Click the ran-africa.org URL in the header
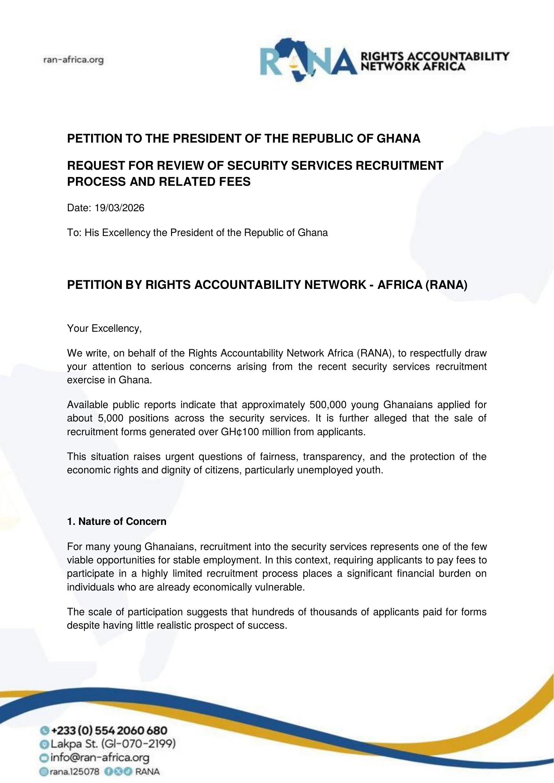(73, 60)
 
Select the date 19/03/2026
(120, 208)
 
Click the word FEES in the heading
(236, 182)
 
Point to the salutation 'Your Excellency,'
(104, 328)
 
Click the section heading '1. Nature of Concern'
(117, 522)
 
